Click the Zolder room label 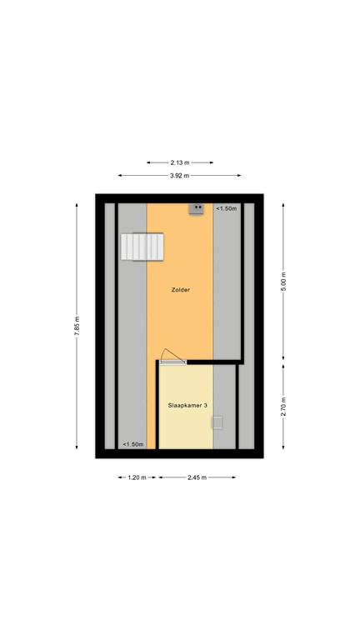click(x=179, y=290)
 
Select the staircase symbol click(x=143, y=247)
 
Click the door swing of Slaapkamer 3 click(x=172, y=356)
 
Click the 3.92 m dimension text click(x=179, y=176)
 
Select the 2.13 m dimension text click(x=179, y=162)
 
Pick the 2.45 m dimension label click(x=197, y=477)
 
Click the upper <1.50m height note click(x=226, y=208)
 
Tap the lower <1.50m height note click(x=132, y=444)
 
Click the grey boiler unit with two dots click(x=197, y=208)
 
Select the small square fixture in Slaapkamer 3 click(x=217, y=422)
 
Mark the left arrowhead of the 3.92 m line click(x=120, y=176)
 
